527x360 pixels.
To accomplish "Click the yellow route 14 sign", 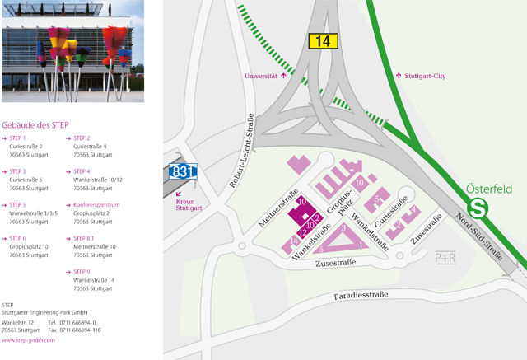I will tap(322, 40).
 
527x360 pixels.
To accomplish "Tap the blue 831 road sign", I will tap(183, 171).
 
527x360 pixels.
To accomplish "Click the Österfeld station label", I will tap(489, 189).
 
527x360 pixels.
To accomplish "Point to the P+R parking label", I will tap(445, 258).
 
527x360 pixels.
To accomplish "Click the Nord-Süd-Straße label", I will tap(479, 239).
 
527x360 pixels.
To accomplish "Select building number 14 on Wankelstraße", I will tap(293, 240).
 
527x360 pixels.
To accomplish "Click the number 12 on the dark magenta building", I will tap(303, 231).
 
